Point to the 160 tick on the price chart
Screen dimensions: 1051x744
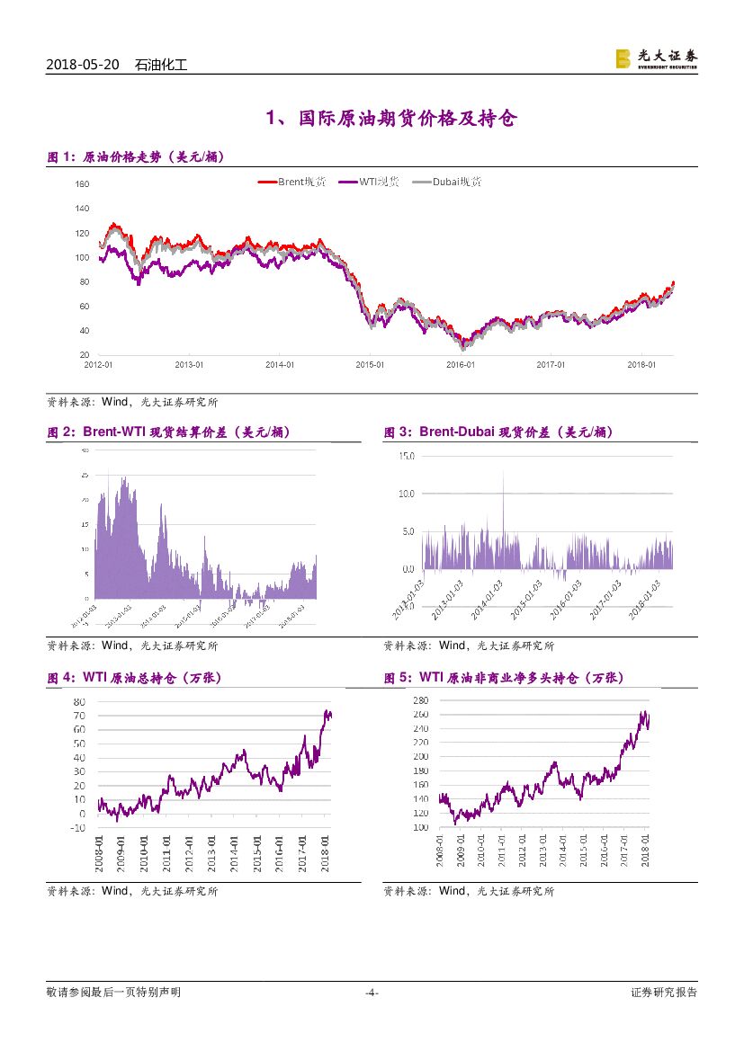83,184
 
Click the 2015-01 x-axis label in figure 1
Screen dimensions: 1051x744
370,364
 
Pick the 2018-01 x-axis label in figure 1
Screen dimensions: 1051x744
642,364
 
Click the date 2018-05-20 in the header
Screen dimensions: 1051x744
82,65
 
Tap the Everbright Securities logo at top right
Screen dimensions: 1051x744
656,58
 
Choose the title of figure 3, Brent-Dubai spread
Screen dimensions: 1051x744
498,432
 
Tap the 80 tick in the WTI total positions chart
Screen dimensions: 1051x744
79,701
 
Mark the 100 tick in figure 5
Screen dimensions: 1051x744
422,827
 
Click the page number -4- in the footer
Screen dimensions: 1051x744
372,993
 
